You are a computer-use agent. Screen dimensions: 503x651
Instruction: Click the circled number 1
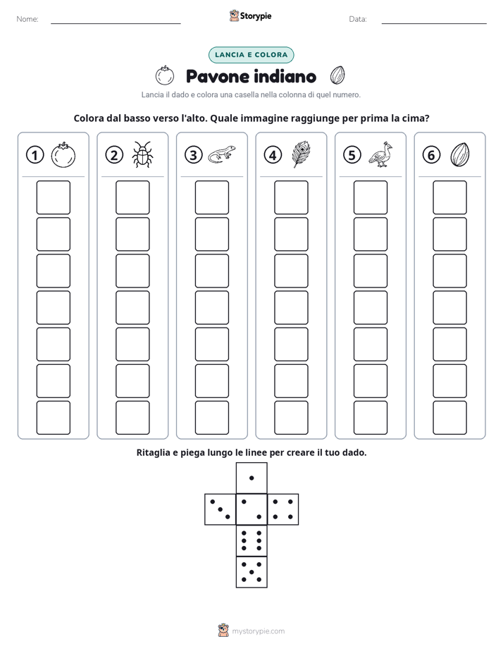click(35, 155)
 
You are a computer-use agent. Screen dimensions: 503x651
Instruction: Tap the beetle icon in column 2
click(142, 154)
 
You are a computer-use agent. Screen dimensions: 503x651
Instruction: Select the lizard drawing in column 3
click(222, 154)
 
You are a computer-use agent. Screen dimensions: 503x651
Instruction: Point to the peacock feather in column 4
click(302, 154)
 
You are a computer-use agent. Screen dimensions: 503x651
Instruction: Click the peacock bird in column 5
click(380, 154)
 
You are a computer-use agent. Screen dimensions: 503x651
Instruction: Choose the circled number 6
click(431, 155)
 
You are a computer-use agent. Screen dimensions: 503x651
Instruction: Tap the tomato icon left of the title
click(165, 75)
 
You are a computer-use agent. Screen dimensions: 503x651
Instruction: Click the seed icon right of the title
click(337, 75)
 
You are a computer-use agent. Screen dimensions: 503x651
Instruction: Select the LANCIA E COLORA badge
click(251, 55)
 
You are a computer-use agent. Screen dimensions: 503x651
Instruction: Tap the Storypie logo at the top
click(251, 16)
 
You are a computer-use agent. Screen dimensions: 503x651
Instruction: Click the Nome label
click(27, 19)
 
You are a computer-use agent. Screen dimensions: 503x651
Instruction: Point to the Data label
click(358, 19)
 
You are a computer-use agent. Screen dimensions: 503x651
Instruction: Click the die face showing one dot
click(252, 478)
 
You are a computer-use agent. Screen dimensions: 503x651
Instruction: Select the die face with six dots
click(252, 540)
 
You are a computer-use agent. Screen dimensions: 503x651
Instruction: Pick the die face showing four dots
click(283, 509)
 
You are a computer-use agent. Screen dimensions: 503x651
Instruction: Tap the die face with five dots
click(252, 572)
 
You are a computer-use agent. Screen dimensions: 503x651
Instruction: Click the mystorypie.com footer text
click(258, 631)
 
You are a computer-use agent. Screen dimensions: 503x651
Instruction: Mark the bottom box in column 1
click(53, 418)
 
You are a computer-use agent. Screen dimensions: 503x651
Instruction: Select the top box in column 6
click(449, 197)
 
